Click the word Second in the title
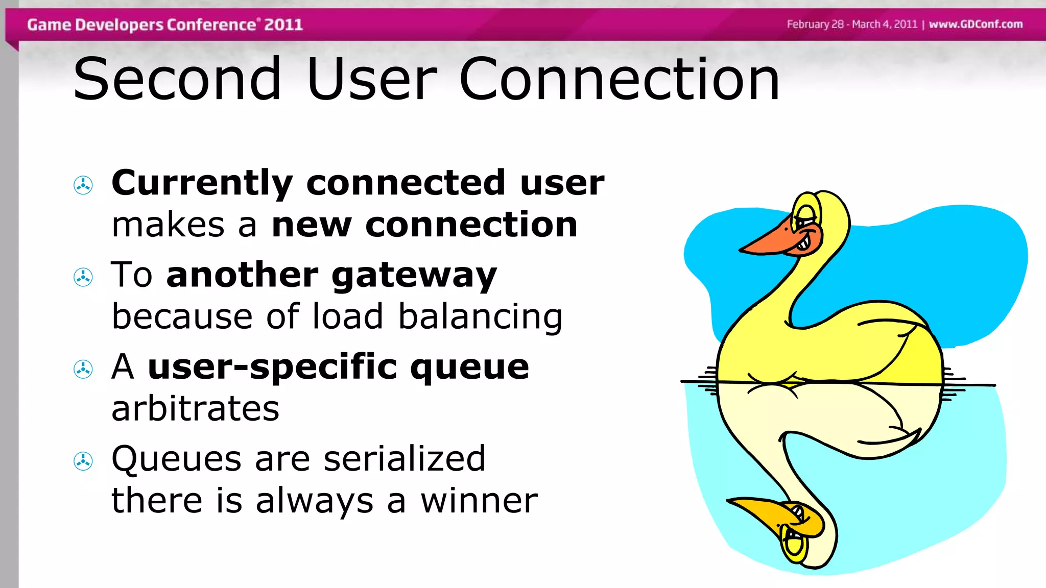coord(177,79)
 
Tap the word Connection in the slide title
coord(619,79)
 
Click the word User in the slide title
coord(371,79)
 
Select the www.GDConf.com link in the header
coord(976,24)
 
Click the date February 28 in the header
coord(815,24)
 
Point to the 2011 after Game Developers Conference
coord(283,24)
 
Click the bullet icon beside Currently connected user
coord(83,185)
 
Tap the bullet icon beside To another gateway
coord(83,277)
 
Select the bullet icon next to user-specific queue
coord(83,369)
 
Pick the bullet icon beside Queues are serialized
coord(83,461)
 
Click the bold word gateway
coord(414,276)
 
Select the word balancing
coord(480,316)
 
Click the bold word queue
coord(469,367)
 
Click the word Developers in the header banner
coord(120,24)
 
